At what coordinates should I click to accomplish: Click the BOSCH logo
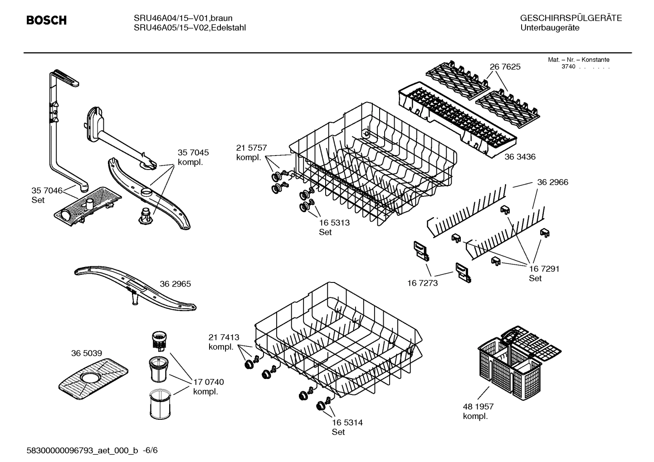click(46, 20)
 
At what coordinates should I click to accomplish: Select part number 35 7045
click(193, 153)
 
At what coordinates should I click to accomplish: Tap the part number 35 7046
click(47, 190)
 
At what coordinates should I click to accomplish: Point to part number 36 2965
click(175, 284)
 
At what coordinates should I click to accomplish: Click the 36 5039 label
click(86, 353)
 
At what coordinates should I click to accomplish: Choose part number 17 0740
click(208, 382)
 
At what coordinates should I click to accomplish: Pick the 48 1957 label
click(478, 407)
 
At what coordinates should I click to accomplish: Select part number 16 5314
click(347, 423)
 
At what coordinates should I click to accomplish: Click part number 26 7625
click(505, 67)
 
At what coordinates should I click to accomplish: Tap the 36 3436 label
click(520, 157)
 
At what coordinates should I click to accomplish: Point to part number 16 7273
click(423, 283)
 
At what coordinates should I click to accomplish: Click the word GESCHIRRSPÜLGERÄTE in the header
click(571, 18)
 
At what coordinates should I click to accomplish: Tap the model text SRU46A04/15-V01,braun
click(183, 18)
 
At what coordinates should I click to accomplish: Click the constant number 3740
click(568, 67)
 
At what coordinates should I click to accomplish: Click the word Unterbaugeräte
click(549, 28)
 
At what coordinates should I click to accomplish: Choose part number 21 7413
click(224, 337)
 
